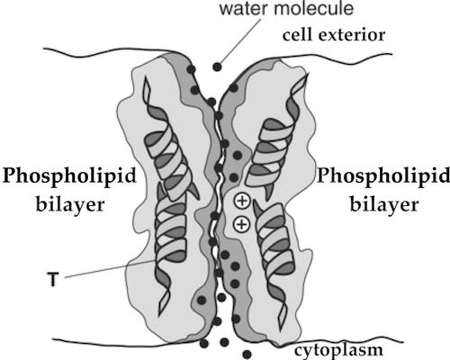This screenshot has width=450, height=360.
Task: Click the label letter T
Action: click(x=53, y=279)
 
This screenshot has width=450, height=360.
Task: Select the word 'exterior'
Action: click(x=352, y=35)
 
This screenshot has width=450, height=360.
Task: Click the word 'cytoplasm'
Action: click(x=338, y=350)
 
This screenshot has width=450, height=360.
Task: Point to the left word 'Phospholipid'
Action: click(x=69, y=176)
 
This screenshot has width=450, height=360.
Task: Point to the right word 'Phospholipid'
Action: click(x=383, y=176)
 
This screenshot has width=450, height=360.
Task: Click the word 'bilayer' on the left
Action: click(x=70, y=204)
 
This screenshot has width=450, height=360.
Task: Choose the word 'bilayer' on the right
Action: click(x=384, y=204)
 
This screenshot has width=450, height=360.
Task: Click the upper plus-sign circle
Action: click(x=242, y=201)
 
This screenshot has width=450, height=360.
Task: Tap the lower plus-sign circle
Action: click(x=242, y=224)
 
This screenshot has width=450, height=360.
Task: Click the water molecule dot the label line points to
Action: click(x=217, y=67)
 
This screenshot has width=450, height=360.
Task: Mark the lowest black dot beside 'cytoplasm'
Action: click(x=247, y=355)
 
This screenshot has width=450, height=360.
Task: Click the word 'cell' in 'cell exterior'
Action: click(x=298, y=35)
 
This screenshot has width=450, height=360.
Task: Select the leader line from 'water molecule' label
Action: click(x=240, y=40)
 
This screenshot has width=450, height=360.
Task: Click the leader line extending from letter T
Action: click(x=110, y=269)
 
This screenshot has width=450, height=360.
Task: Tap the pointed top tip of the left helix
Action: click(x=146, y=76)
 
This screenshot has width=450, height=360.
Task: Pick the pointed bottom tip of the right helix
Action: click(x=282, y=329)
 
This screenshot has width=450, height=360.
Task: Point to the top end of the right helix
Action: click(x=307, y=74)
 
